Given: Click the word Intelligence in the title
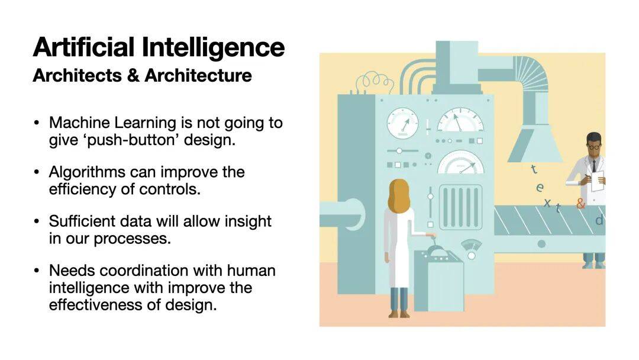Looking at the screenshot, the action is tap(213, 48).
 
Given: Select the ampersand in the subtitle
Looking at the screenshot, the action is tap(133, 75).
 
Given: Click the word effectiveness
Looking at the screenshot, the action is tap(102, 304).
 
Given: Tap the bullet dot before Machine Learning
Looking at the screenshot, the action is tap(37, 123).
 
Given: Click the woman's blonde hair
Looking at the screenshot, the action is tap(399, 197).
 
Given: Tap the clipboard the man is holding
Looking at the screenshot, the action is tap(598, 181).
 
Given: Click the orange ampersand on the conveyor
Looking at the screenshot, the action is tap(580, 203).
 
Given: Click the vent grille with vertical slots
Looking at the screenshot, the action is tap(460, 207).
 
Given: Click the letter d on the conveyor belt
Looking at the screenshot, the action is tap(599, 221).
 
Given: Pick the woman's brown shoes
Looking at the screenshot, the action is tap(399, 314).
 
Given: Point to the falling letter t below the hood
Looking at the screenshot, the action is tap(534, 168).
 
